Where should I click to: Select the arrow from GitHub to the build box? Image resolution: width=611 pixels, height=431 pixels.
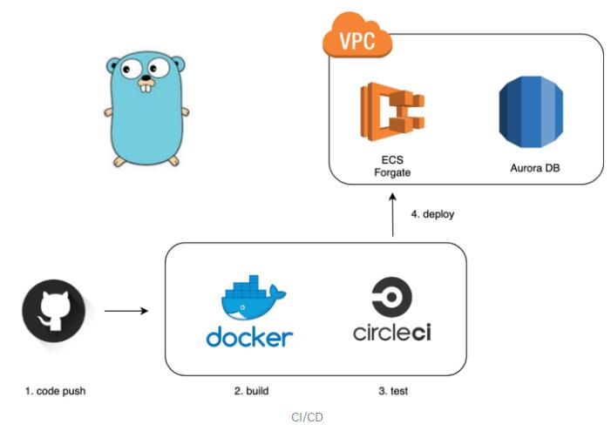pos(127,311)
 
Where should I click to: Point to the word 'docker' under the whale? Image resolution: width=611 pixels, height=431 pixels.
pos(249,336)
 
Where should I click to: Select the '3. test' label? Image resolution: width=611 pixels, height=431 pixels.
pos(393,391)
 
